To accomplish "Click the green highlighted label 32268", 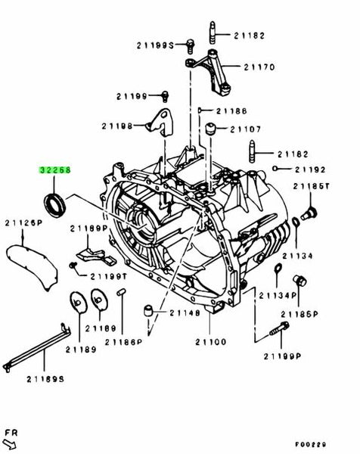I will (56, 171).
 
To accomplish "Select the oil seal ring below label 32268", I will (55, 202).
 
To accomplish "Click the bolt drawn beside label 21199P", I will (276, 331).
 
